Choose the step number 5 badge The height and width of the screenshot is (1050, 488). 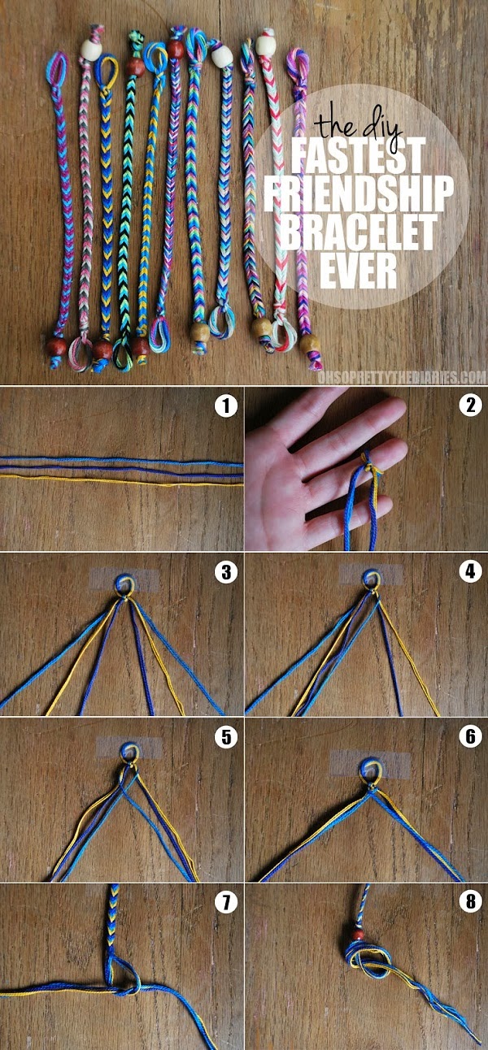tap(225, 738)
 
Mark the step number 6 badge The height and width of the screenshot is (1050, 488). tap(469, 738)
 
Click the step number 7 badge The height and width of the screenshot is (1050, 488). tap(225, 902)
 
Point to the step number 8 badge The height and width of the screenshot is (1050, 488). tap(469, 902)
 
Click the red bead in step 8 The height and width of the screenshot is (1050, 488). tap(357, 936)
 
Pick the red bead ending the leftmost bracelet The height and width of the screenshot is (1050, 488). tap(55, 348)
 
